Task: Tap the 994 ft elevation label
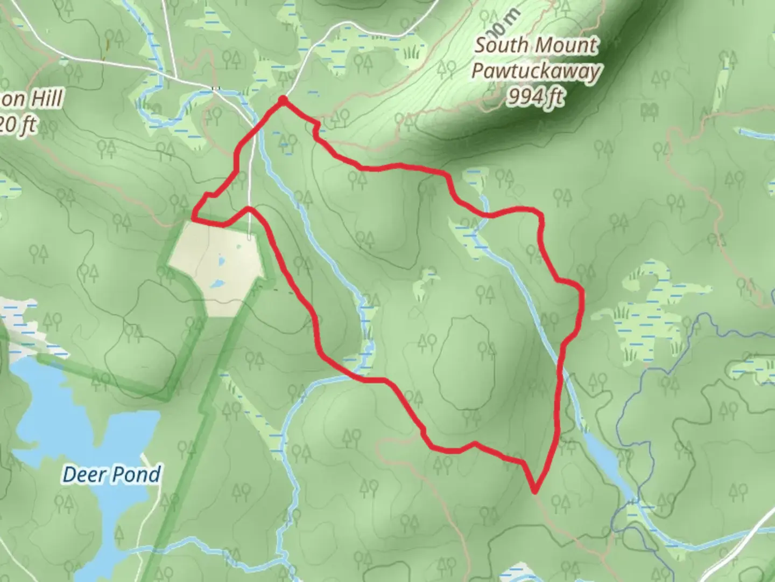point(536,98)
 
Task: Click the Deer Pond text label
point(111,475)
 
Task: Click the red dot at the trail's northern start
point(282,100)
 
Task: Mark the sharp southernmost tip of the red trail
point(535,490)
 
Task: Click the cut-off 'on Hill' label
point(32,99)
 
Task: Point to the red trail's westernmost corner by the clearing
point(193,218)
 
